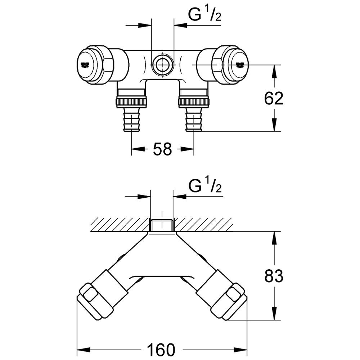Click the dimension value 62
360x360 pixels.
click(x=274, y=98)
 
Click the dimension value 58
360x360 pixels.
click(x=162, y=149)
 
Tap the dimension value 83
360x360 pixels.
click(x=274, y=276)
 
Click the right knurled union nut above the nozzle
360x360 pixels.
click(x=194, y=102)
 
